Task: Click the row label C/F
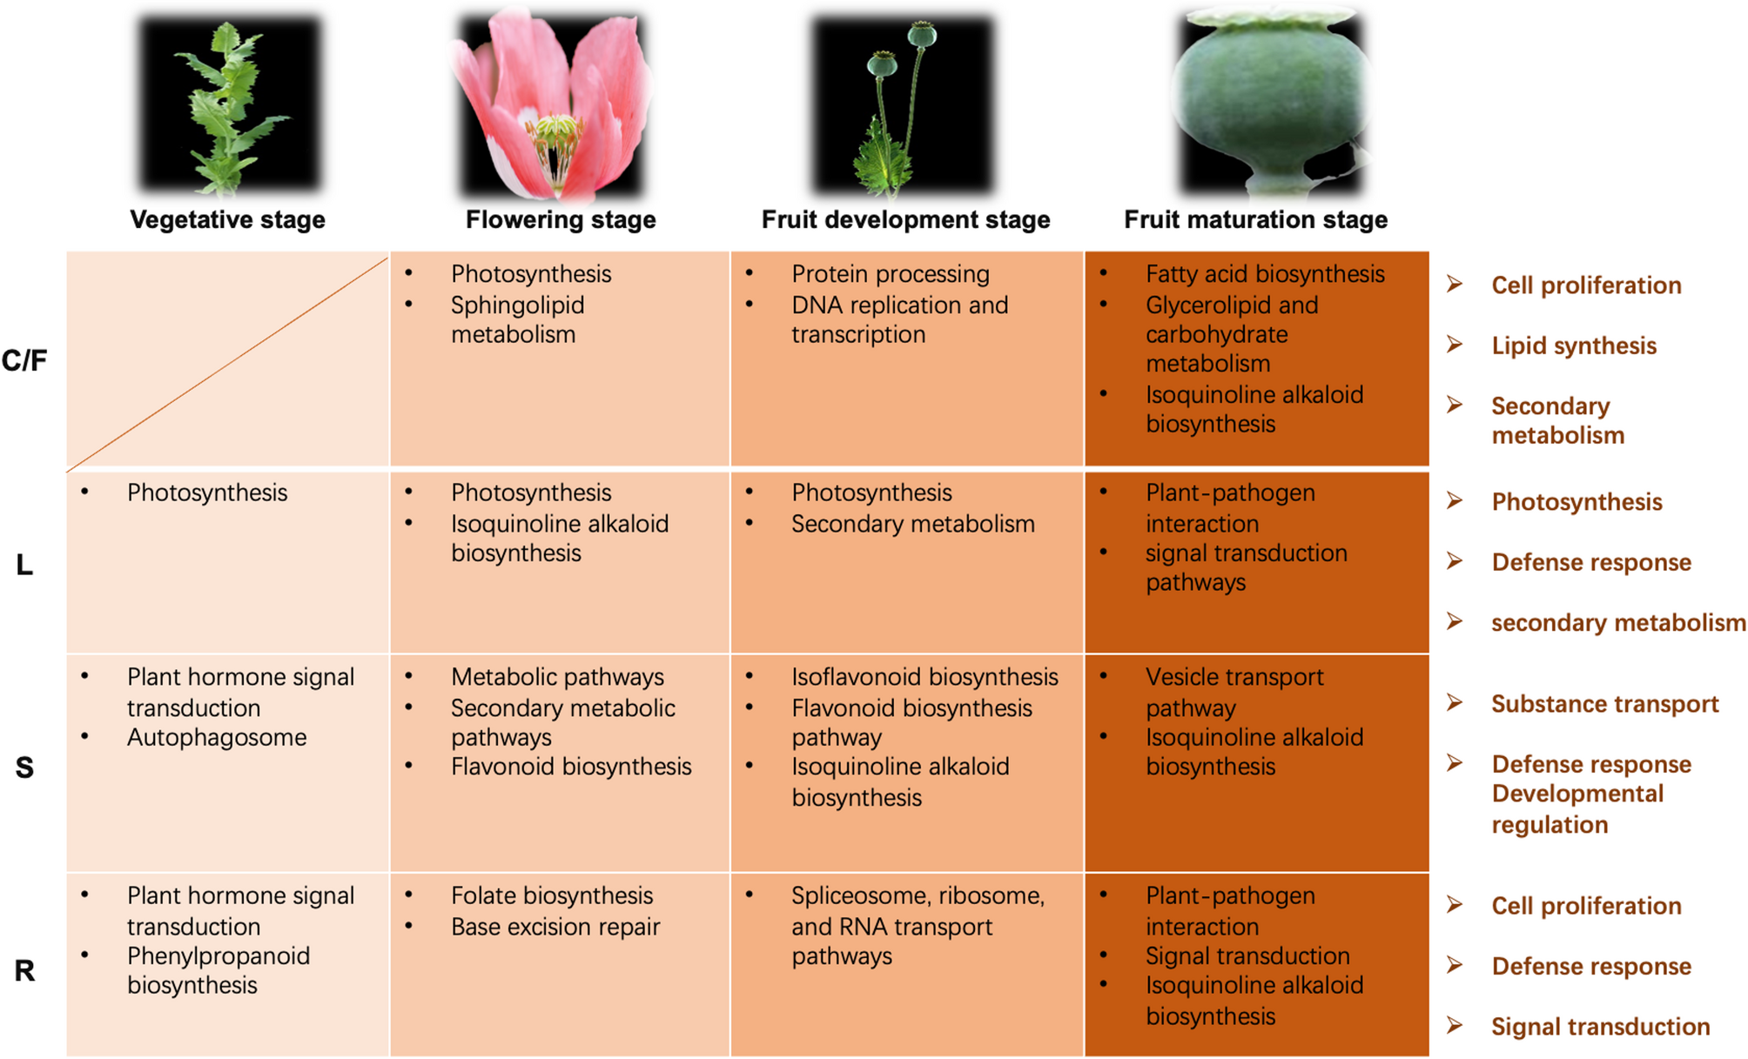pos(24,360)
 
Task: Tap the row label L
pos(24,566)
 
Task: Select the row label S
pos(24,767)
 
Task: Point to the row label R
pos(24,970)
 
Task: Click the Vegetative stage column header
pos(227,219)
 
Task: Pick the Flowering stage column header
pos(561,219)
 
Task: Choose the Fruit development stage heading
pos(905,219)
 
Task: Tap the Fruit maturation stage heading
pos(1255,219)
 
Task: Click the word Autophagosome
pos(217,738)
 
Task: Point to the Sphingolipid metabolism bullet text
pos(517,319)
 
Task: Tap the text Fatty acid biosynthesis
pos(1264,274)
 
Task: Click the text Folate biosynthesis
pos(551,895)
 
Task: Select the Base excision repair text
pos(555,927)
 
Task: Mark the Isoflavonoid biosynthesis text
pos(924,677)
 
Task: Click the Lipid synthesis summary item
pos(1573,345)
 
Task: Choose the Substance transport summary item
pos(1604,704)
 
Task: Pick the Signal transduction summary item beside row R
pos(1600,1027)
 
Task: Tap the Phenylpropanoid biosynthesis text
pos(218,970)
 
